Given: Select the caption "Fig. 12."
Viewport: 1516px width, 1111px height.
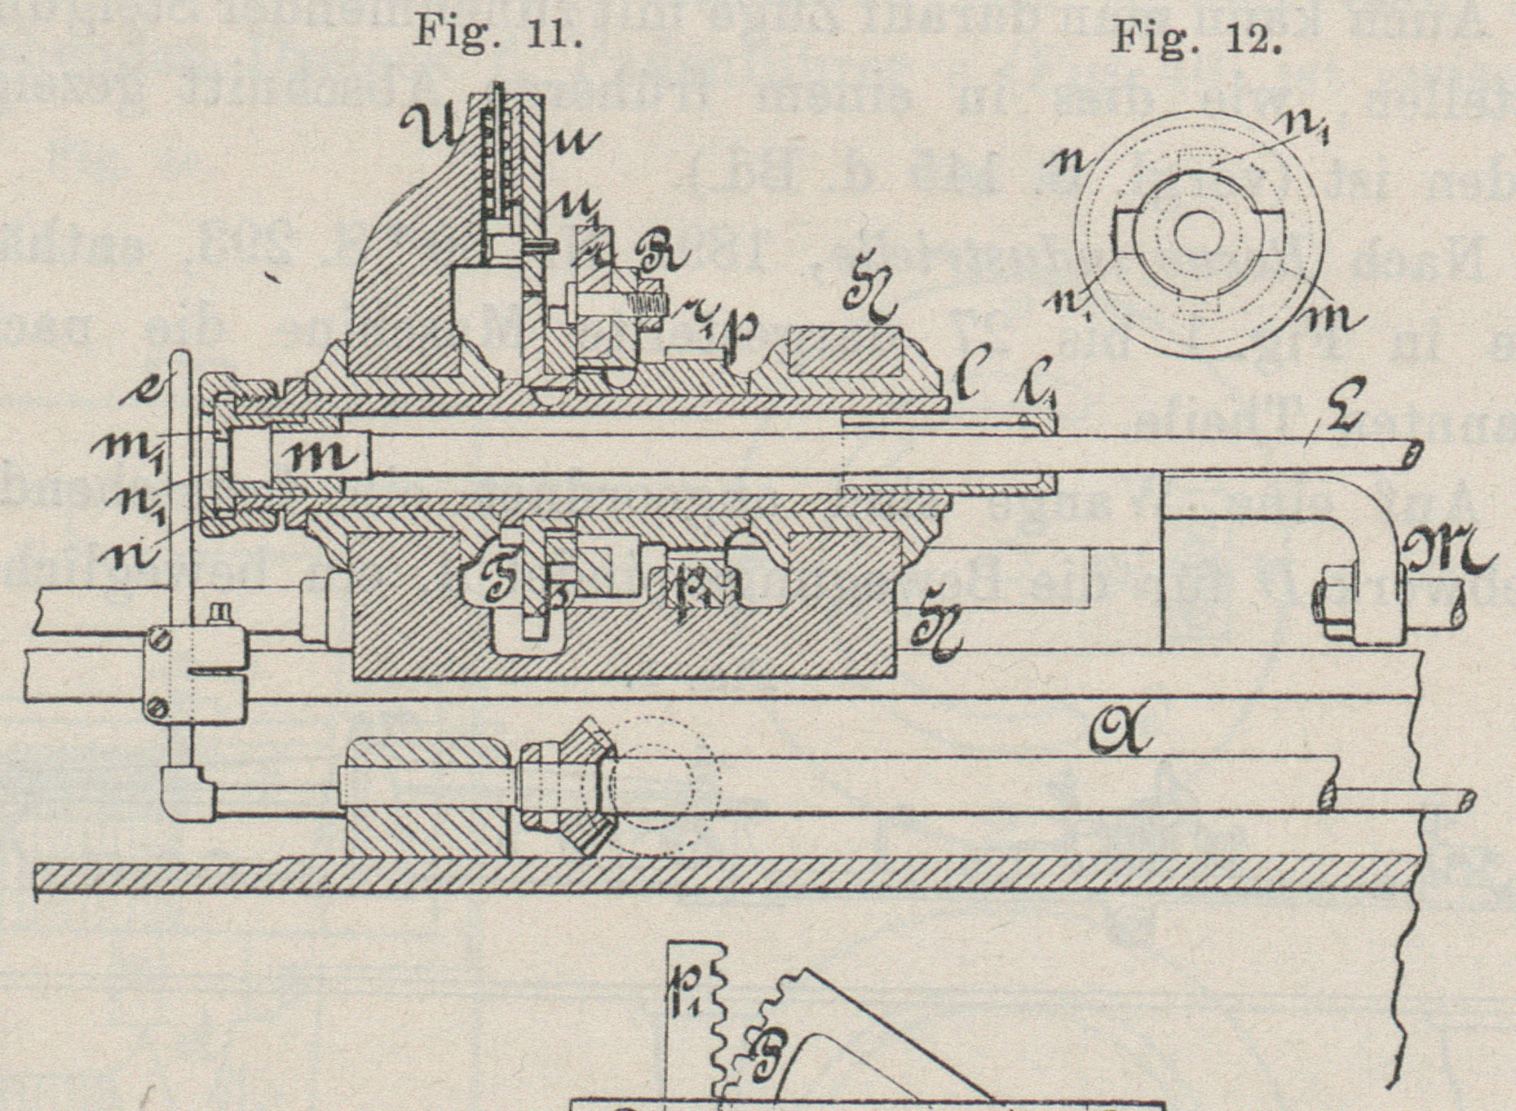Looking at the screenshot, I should click(1196, 37).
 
